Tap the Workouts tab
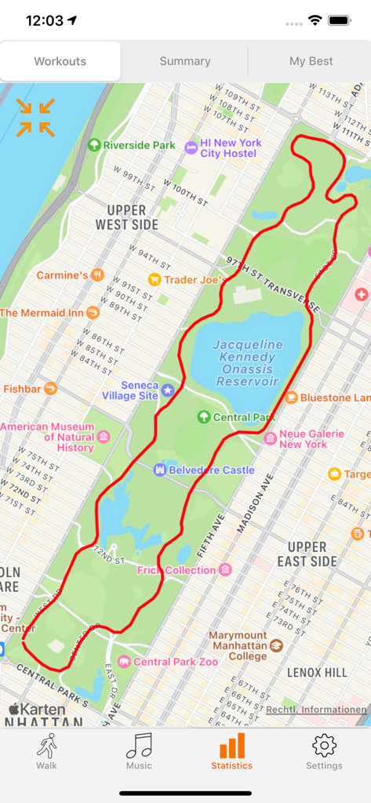point(60,61)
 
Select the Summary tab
point(185,61)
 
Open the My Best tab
point(311,61)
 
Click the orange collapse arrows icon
point(36,118)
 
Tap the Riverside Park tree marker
point(94,145)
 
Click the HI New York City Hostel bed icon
point(191,147)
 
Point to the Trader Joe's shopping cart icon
point(155,279)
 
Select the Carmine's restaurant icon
point(97,275)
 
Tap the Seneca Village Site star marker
point(168,390)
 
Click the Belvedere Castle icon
point(160,470)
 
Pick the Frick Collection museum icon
point(225,570)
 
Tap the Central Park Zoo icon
point(124,662)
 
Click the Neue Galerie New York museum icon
point(271,438)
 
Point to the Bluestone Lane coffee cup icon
point(291,398)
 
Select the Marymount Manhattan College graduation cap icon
point(276,645)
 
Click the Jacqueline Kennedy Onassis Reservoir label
point(248,362)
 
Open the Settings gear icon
point(324,746)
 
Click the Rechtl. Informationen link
point(316,710)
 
